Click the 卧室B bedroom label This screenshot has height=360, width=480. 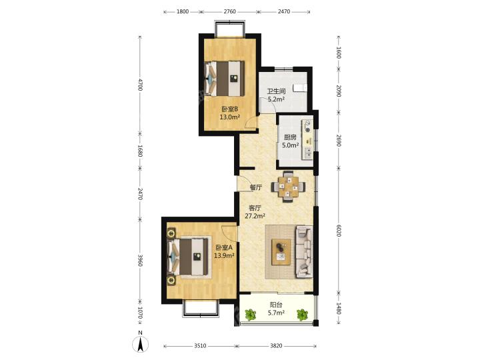coord(229,109)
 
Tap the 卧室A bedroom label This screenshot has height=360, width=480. coord(224,247)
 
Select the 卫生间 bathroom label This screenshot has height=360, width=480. coord(276,91)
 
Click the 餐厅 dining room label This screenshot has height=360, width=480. coord(256,187)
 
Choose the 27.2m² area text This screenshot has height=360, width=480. coord(255,216)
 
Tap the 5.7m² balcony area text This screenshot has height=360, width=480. coord(277,313)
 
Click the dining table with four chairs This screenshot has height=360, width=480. coord(288,187)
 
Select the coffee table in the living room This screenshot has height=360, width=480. coord(281,252)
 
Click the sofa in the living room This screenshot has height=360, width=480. coord(304,252)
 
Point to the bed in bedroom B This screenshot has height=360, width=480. coord(225,79)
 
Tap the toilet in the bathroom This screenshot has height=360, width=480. coord(300,88)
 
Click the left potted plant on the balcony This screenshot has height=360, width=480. coord(251,315)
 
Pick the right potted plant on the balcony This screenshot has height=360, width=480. coord(303,315)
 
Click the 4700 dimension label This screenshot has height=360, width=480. coord(140,85)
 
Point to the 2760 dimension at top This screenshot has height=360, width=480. coord(229,11)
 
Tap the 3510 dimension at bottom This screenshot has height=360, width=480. coord(200,346)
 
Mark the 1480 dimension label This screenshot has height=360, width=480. coord(338,308)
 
